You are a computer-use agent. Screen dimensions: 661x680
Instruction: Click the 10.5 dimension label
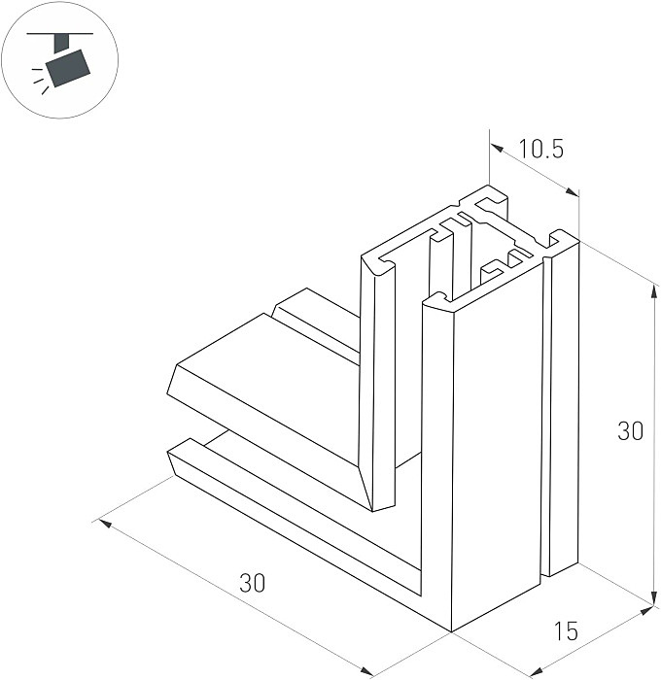tap(541, 149)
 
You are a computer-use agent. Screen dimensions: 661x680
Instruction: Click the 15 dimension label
tap(566, 630)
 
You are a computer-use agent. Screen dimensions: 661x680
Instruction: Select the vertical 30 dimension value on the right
tap(630, 431)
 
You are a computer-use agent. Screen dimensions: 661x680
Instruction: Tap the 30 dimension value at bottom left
tap(252, 583)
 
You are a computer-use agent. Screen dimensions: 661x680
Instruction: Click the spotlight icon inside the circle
tap(61, 59)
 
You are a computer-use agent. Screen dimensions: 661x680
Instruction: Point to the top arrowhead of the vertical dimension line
tap(654, 289)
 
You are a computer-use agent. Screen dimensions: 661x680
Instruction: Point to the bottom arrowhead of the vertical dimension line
tap(654, 596)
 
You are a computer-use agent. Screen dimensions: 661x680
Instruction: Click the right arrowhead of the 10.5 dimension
tap(572, 192)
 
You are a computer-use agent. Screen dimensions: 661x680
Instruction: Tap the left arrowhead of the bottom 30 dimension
tap(105, 524)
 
